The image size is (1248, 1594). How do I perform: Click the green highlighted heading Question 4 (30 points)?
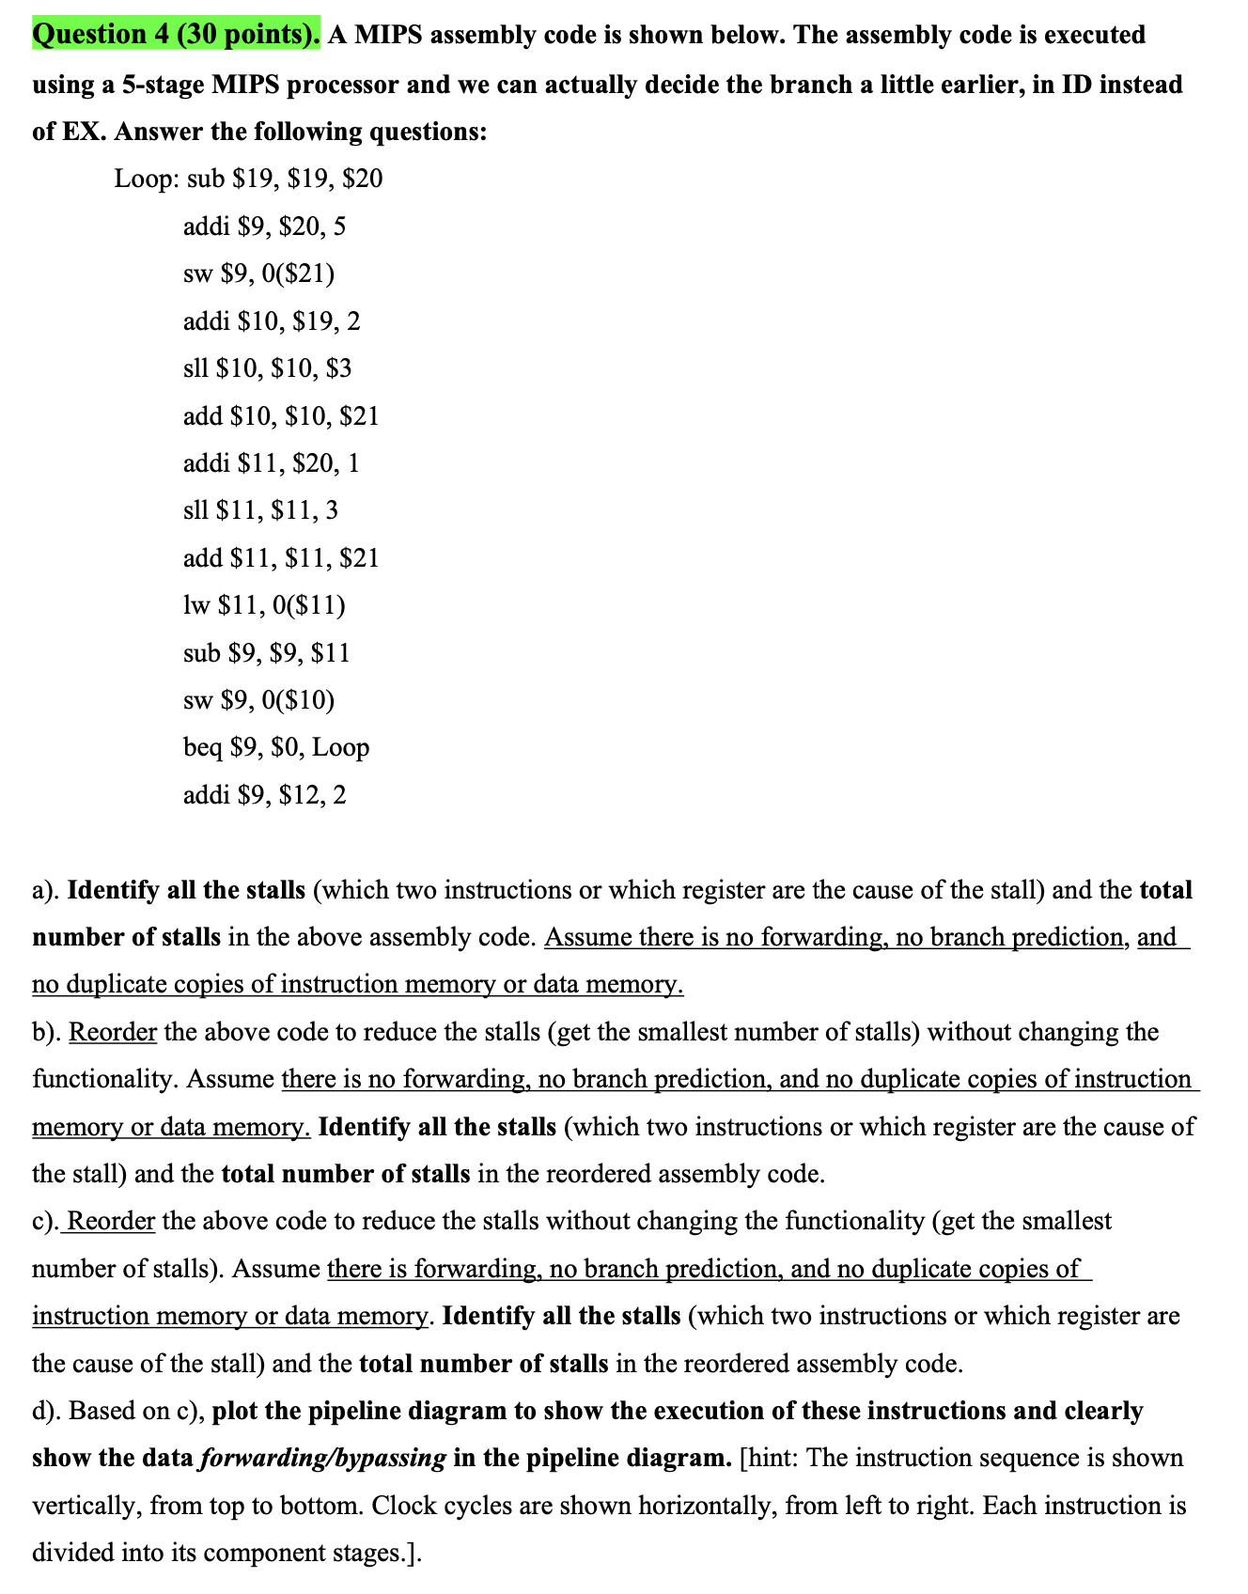tap(176, 35)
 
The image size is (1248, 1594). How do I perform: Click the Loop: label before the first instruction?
tap(147, 179)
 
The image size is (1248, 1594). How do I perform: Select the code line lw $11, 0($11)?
tap(264, 605)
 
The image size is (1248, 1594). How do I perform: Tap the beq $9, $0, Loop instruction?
tap(276, 747)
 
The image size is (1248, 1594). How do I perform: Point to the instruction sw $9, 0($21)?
tap(258, 273)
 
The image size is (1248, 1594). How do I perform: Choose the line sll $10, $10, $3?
tap(267, 368)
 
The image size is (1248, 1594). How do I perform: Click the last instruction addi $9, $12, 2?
tap(264, 795)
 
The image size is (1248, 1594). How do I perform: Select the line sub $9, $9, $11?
tap(266, 652)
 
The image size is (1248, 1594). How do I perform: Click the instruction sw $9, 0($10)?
tap(258, 699)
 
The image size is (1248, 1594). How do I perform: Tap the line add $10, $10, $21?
tap(281, 415)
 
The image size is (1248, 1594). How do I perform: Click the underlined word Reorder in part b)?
tap(113, 1032)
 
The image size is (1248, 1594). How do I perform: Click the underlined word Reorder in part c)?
tap(111, 1221)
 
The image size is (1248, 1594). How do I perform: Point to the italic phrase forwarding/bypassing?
tap(322, 1458)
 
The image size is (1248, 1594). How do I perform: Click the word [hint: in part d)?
tap(770, 1458)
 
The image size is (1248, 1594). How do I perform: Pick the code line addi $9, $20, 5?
tap(264, 227)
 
